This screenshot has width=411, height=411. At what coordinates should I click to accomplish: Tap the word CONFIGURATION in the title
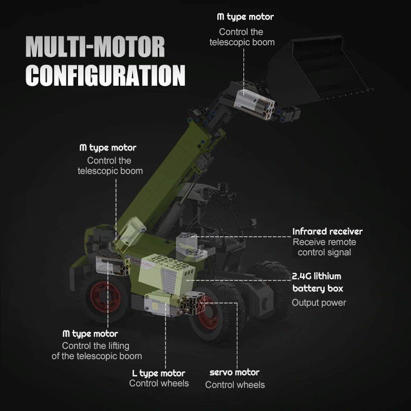[x=105, y=74]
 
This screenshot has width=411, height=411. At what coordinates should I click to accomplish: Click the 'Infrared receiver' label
[x=327, y=232]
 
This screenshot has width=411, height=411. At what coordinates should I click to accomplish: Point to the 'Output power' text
[x=319, y=303]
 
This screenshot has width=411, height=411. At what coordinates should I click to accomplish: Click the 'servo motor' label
[x=235, y=372]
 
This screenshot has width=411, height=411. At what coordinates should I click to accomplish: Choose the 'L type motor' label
[x=159, y=373]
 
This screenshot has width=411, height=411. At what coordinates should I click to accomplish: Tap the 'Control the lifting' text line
[x=96, y=345]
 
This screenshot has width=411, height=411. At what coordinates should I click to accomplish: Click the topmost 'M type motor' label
[x=246, y=17]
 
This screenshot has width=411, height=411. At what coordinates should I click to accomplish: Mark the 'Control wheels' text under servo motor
[x=235, y=384]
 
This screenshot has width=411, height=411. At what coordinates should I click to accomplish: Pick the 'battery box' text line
[x=317, y=289]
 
